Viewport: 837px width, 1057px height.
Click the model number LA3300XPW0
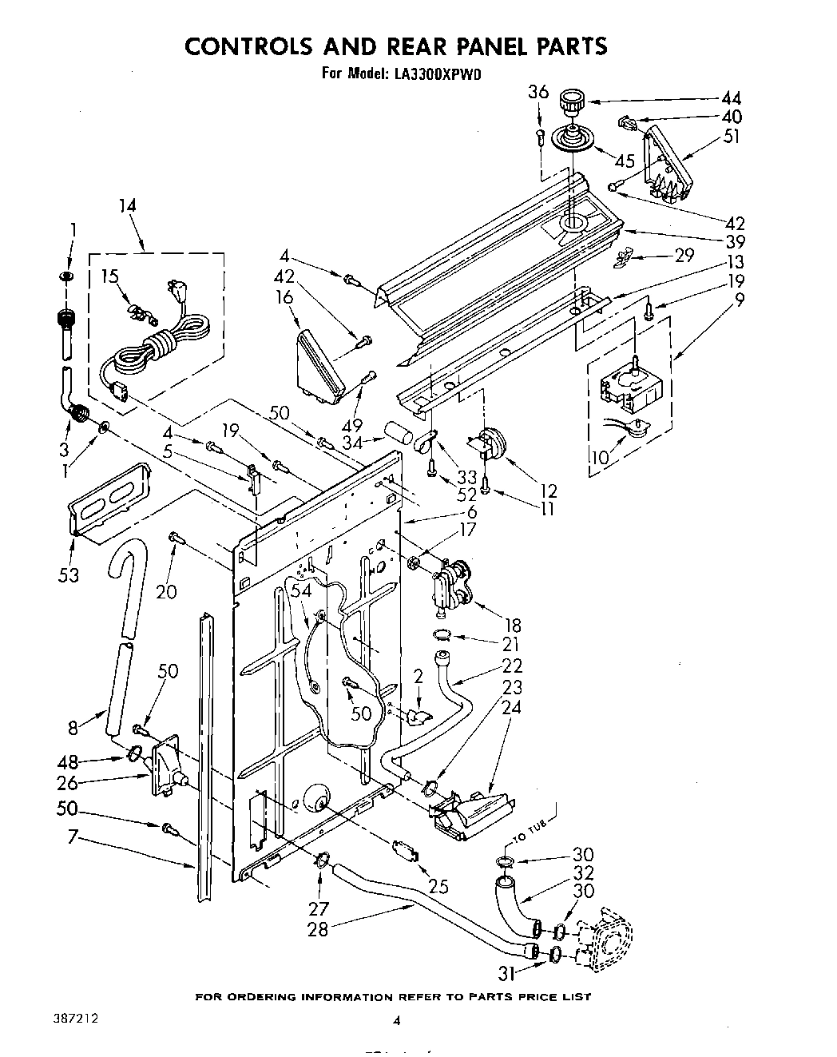pos(436,74)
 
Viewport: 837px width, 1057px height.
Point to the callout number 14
pos(126,206)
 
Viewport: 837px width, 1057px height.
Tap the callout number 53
pos(69,574)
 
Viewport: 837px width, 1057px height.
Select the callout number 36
pos(538,93)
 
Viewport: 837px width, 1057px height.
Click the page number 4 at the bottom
pos(396,1020)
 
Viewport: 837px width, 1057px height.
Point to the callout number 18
pos(510,625)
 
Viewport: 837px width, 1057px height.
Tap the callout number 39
pos(735,242)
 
